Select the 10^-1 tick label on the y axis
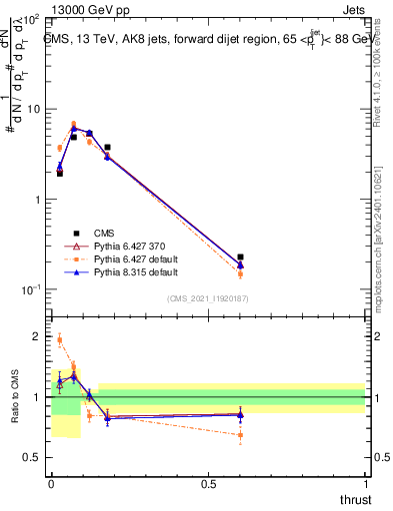pos(29,289)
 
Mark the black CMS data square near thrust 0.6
pos(240,257)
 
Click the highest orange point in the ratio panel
pos(59,339)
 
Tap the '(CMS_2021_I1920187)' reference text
pos(208,298)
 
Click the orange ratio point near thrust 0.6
pos(240,435)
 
